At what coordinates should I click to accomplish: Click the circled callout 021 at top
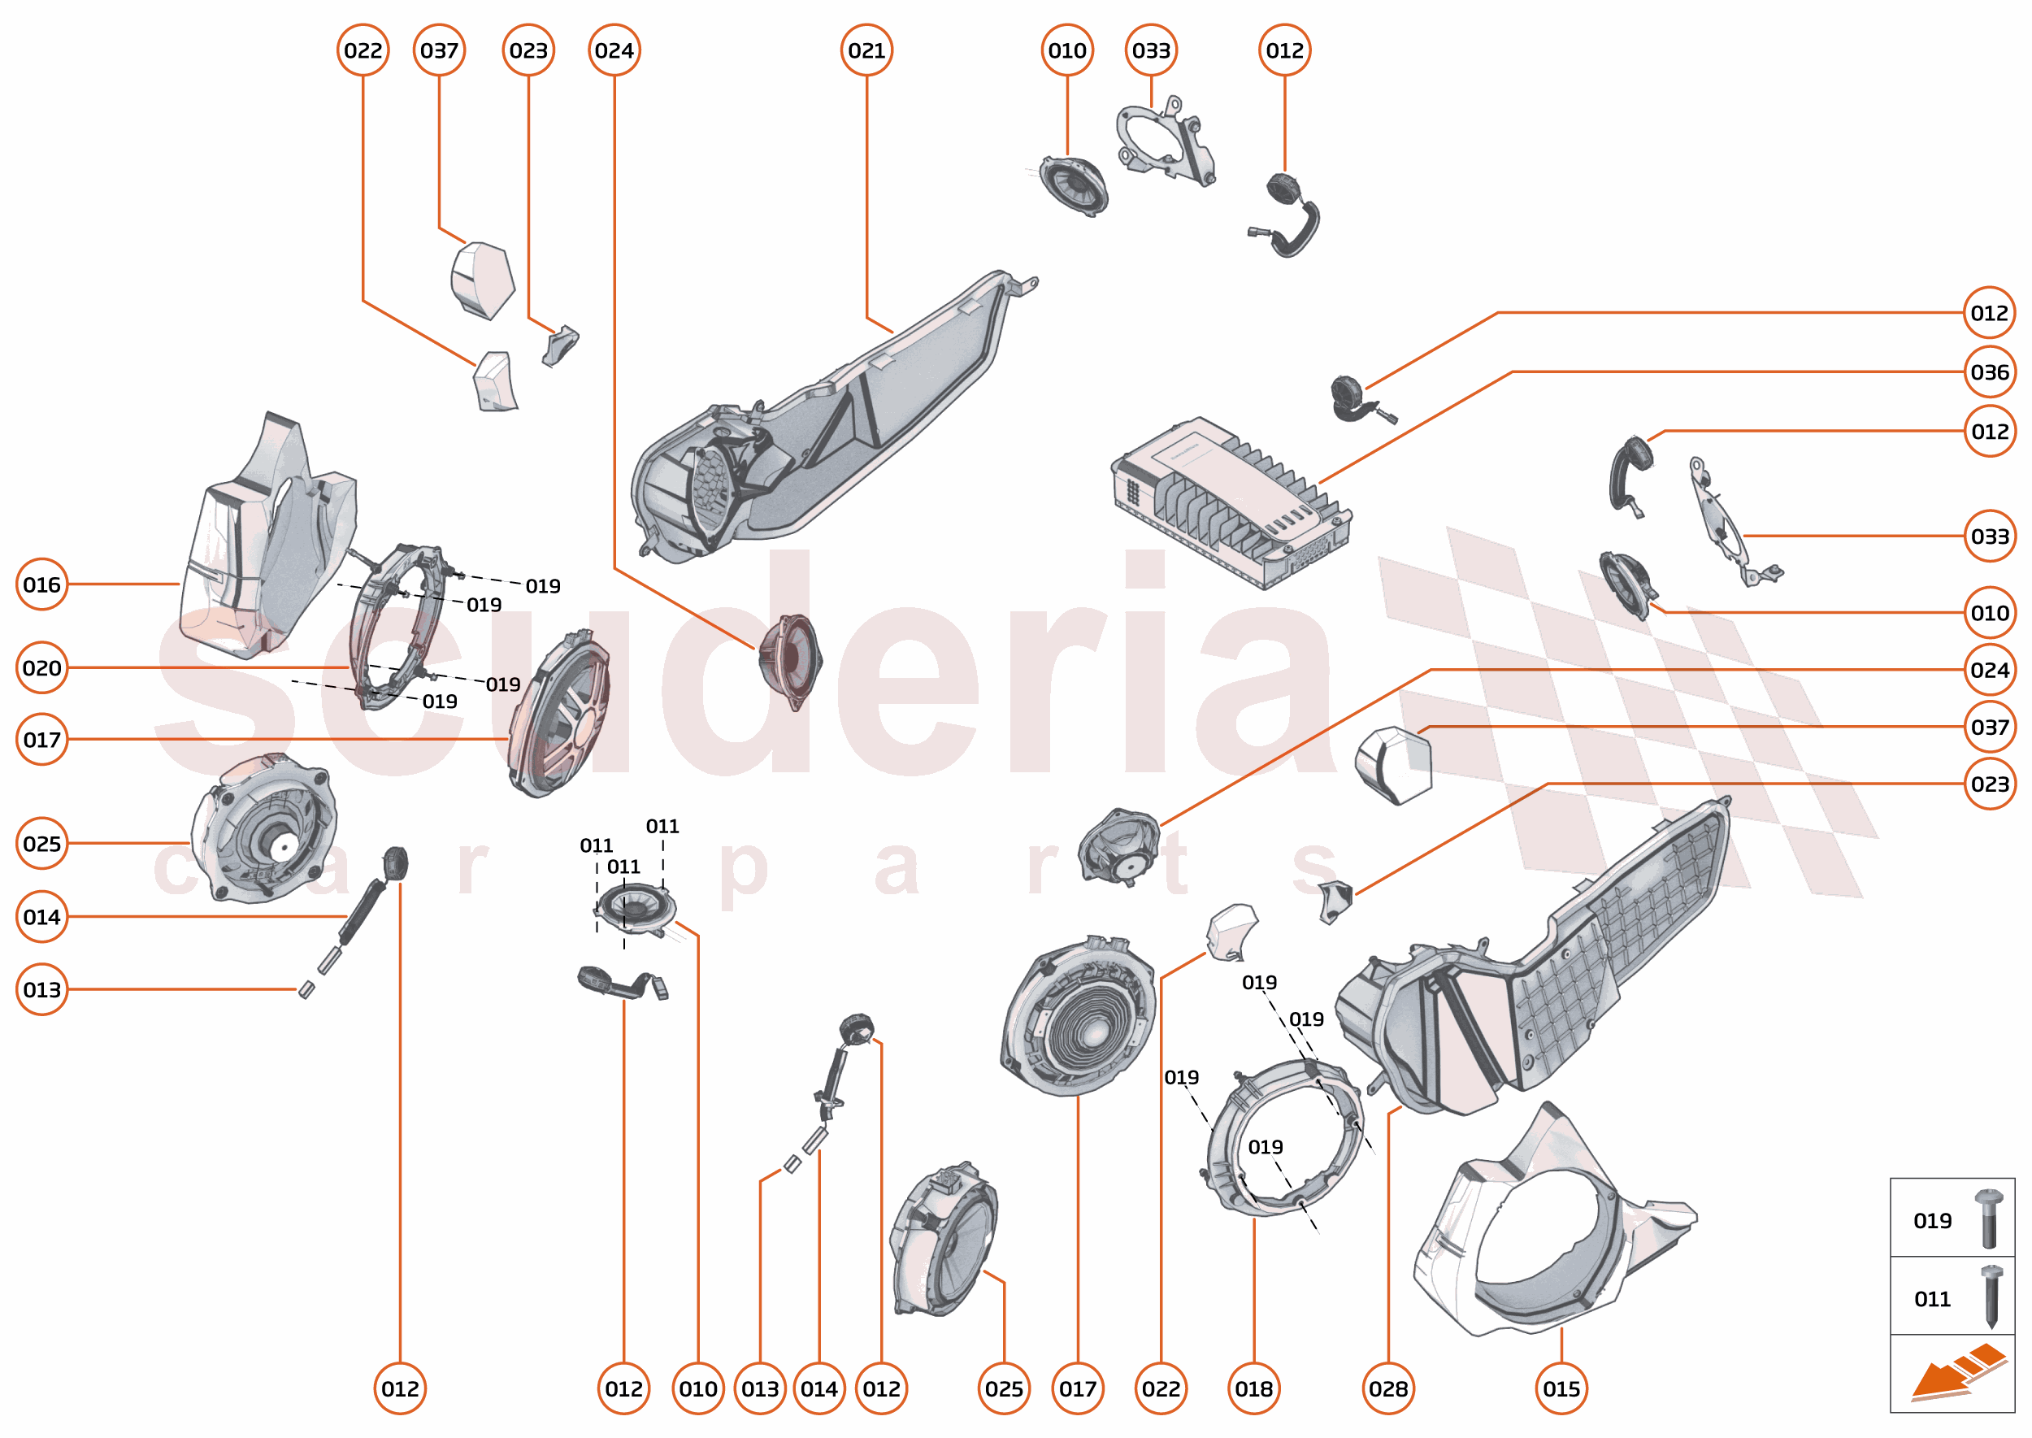tap(866, 50)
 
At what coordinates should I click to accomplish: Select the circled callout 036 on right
tap(1989, 372)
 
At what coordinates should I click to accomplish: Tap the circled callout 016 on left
tap(41, 584)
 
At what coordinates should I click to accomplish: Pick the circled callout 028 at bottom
tap(1387, 1388)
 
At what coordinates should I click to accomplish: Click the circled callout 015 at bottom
tap(1561, 1388)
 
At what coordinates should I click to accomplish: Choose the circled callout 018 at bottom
tap(1253, 1388)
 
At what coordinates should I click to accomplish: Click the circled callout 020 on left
tap(41, 667)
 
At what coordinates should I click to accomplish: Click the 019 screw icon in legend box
tap(1989, 1219)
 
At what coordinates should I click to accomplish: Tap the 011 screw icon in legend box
tap(1991, 1297)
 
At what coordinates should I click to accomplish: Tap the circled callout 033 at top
tap(1151, 50)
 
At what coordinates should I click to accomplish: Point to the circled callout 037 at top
tap(439, 50)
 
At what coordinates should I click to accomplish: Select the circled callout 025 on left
tap(41, 843)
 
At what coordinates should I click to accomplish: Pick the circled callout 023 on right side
tap(1989, 784)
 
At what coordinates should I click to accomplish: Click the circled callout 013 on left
tap(41, 989)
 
